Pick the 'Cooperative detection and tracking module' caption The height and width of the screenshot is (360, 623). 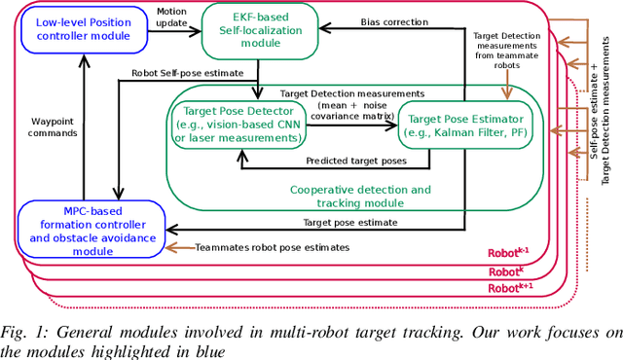pos(360,197)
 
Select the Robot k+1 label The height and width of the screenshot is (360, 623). pos(509,288)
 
